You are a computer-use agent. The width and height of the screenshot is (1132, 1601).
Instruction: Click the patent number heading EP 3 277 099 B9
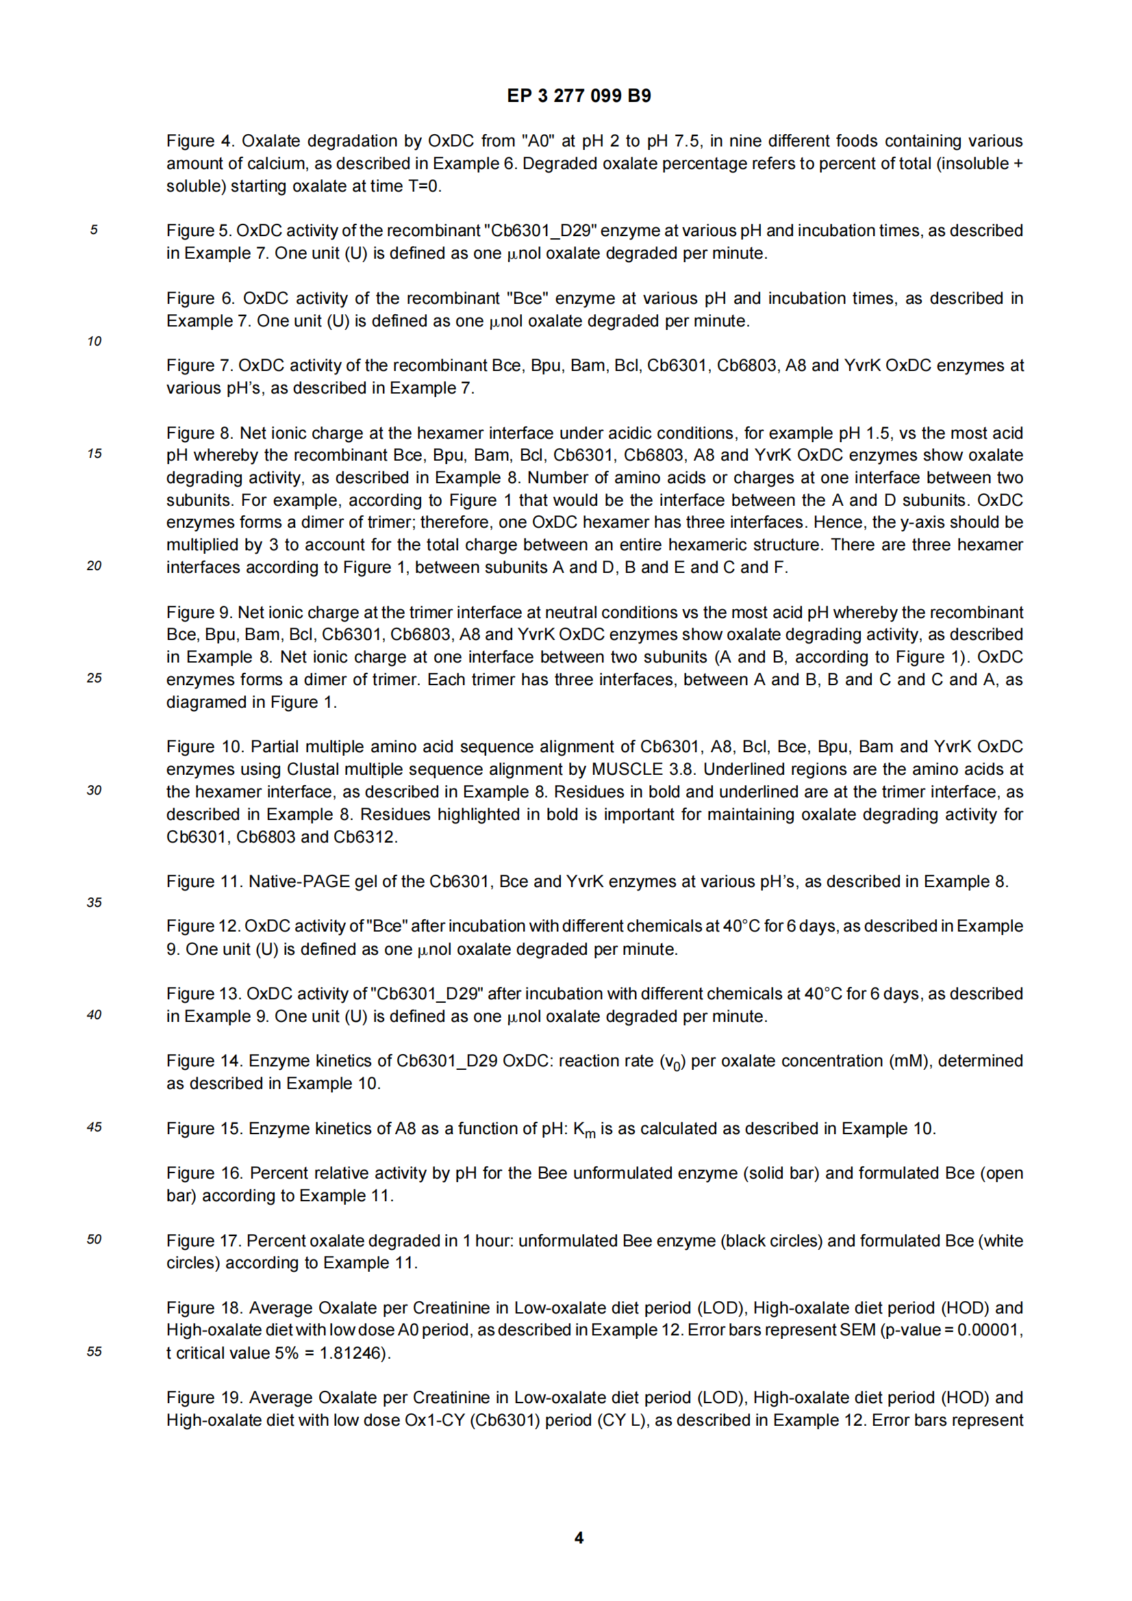(x=578, y=96)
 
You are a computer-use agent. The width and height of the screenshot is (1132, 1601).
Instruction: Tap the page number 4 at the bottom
(x=578, y=1537)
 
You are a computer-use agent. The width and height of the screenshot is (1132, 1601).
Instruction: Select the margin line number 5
(x=94, y=230)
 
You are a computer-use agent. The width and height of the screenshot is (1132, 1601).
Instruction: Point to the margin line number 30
(x=94, y=790)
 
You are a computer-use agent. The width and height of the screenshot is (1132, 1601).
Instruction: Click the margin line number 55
(x=94, y=1351)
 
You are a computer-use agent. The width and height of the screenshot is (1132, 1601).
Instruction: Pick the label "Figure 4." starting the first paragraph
(x=200, y=141)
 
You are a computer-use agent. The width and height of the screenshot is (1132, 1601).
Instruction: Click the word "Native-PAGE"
(x=299, y=882)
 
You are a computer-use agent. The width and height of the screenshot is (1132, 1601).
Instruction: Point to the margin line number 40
(x=94, y=1014)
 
